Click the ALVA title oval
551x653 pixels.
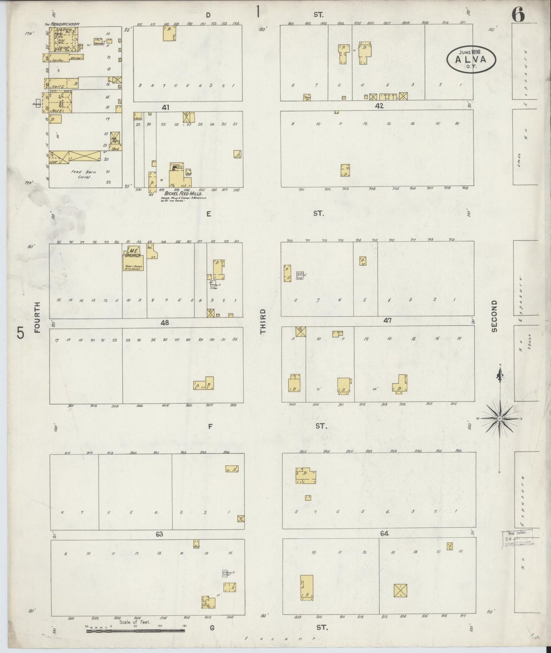[x=471, y=59]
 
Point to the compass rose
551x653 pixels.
[x=499, y=418]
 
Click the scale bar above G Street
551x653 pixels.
[x=135, y=631]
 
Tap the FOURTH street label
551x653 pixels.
[x=37, y=317]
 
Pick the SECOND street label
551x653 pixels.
[x=494, y=316]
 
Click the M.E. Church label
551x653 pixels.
[x=132, y=253]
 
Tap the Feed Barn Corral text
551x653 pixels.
[x=83, y=174]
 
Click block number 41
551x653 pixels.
[x=165, y=107]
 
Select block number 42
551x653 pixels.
[x=379, y=106]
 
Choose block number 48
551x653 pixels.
[x=164, y=323]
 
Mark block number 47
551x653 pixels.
[x=387, y=321]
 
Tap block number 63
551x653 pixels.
[x=159, y=534]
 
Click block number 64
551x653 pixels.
[x=384, y=534]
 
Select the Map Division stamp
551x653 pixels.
[x=517, y=538]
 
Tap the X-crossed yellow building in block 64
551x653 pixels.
[x=400, y=591]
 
